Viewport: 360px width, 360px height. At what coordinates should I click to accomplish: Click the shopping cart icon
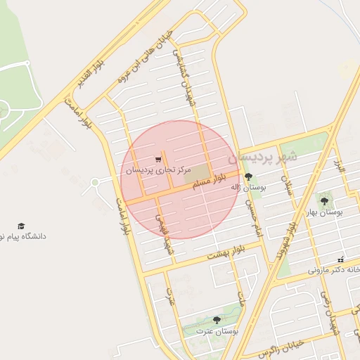(x=158, y=160)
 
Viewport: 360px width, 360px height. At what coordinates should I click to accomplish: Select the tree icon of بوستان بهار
(x=323, y=201)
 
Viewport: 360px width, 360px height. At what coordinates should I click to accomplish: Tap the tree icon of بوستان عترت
(x=216, y=321)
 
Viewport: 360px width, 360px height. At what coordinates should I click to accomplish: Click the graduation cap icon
(x=21, y=226)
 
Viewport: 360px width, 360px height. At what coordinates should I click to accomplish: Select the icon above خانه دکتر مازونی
(x=341, y=259)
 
